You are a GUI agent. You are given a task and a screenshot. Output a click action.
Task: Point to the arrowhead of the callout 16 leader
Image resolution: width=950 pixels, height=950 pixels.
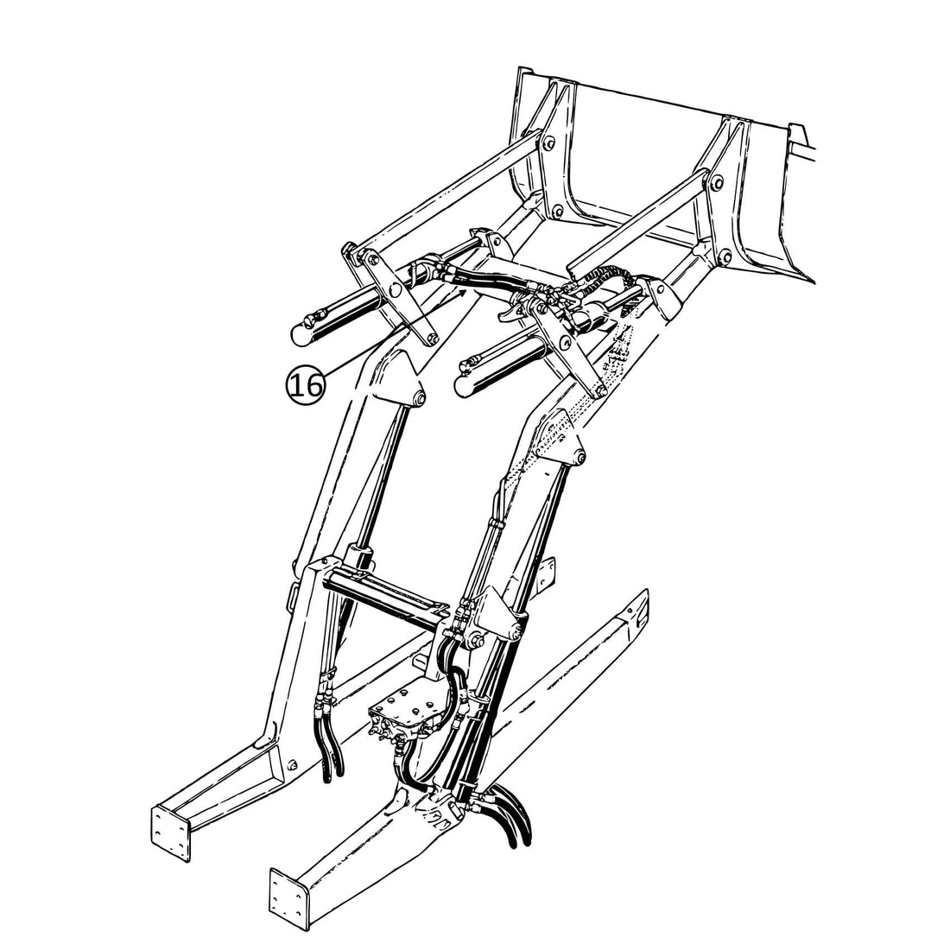pyautogui.click(x=467, y=292)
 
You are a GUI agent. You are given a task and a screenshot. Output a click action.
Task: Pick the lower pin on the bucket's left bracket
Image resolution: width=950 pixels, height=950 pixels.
pyautogui.click(x=556, y=211)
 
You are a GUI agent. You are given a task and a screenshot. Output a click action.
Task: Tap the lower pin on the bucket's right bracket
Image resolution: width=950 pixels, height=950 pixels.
pyautogui.click(x=725, y=254)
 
